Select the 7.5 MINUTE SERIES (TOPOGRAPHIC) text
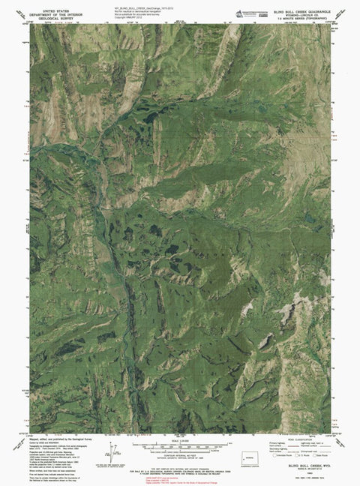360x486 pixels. point(293,15)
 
